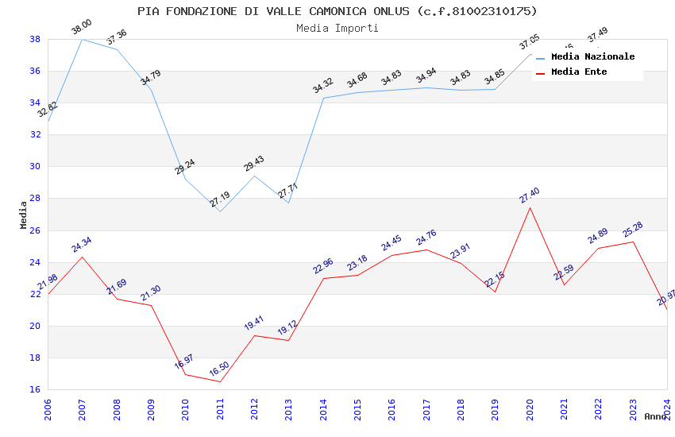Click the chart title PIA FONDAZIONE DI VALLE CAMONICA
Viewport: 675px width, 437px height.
pyautogui.click(x=337, y=11)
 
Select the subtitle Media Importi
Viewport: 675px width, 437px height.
pyautogui.click(x=337, y=28)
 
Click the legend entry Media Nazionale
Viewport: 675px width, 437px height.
pyautogui.click(x=592, y=56)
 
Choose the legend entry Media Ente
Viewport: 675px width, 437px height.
pyautogui.click(x=579, y=72)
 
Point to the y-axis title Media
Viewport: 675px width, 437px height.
pyautogui.click(x=24, y=215)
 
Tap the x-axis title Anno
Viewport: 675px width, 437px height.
pyautogui.click(x=655, y=416)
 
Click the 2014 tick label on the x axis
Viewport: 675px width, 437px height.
pyautogui.click(x=323, y=410)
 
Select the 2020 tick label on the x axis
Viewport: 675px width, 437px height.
pyautogui.click(x=530, y=410)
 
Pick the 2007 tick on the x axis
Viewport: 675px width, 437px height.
pyautogui.click(x=82, y=410)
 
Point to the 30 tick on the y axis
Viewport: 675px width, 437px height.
pyautogui.click(x=36, y=167)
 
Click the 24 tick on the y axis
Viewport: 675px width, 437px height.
pyautogui.click(x=36, y=262)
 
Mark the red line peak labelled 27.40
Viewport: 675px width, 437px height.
pyautogui.click(x=530, y=207)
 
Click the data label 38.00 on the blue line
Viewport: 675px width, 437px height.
pyautogui.click(x=82, y=28)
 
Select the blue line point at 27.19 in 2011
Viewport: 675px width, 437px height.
pyautogui.click(x=220, y=211)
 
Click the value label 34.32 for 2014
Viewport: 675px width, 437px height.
pyautogui.click(x=323, y=86)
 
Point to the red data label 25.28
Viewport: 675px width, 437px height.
pyautogui.click(x=633, y=230)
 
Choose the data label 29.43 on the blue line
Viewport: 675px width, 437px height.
pyautogui.click(x=254, y=164)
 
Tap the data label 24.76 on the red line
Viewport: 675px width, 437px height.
pyautogui.click(x=426, y=237)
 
